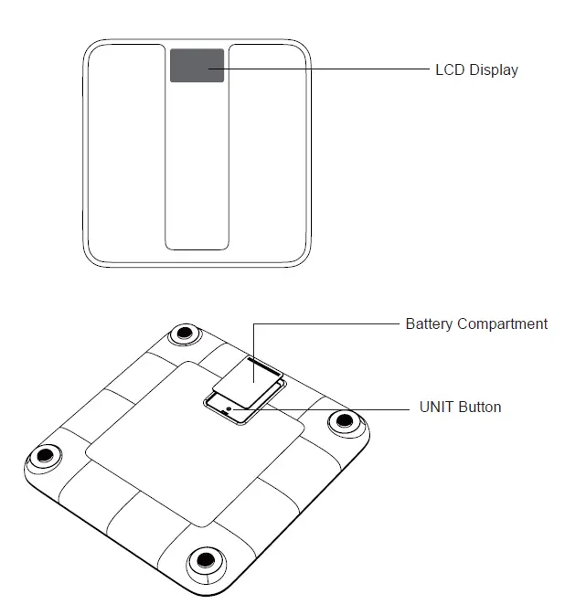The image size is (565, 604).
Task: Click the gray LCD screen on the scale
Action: [x=197, y=65]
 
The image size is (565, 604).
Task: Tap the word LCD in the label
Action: [x=450, y=69]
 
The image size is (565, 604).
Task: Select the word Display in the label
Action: [x=494, y=70]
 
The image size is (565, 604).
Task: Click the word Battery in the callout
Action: [x=429, y=324]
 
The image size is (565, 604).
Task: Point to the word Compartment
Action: [x=502, y=324]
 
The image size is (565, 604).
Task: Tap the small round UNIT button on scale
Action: [x=229, y=408]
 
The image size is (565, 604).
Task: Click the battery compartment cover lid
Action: [x=247, y=382]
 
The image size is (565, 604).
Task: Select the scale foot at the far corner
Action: [x=186, y=334]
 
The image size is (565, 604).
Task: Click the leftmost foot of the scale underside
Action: [x=45, y=456]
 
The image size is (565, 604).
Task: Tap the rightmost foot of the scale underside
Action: [x=345, y=422]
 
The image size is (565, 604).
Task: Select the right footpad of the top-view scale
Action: [x=268, y=154]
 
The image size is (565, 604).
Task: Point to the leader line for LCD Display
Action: [x=319, y=69]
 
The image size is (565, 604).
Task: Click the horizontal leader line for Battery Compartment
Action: [x=326, y=324]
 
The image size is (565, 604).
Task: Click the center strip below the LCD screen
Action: [x=197, y=165]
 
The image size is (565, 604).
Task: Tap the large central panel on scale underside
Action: [x=195, y=444]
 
